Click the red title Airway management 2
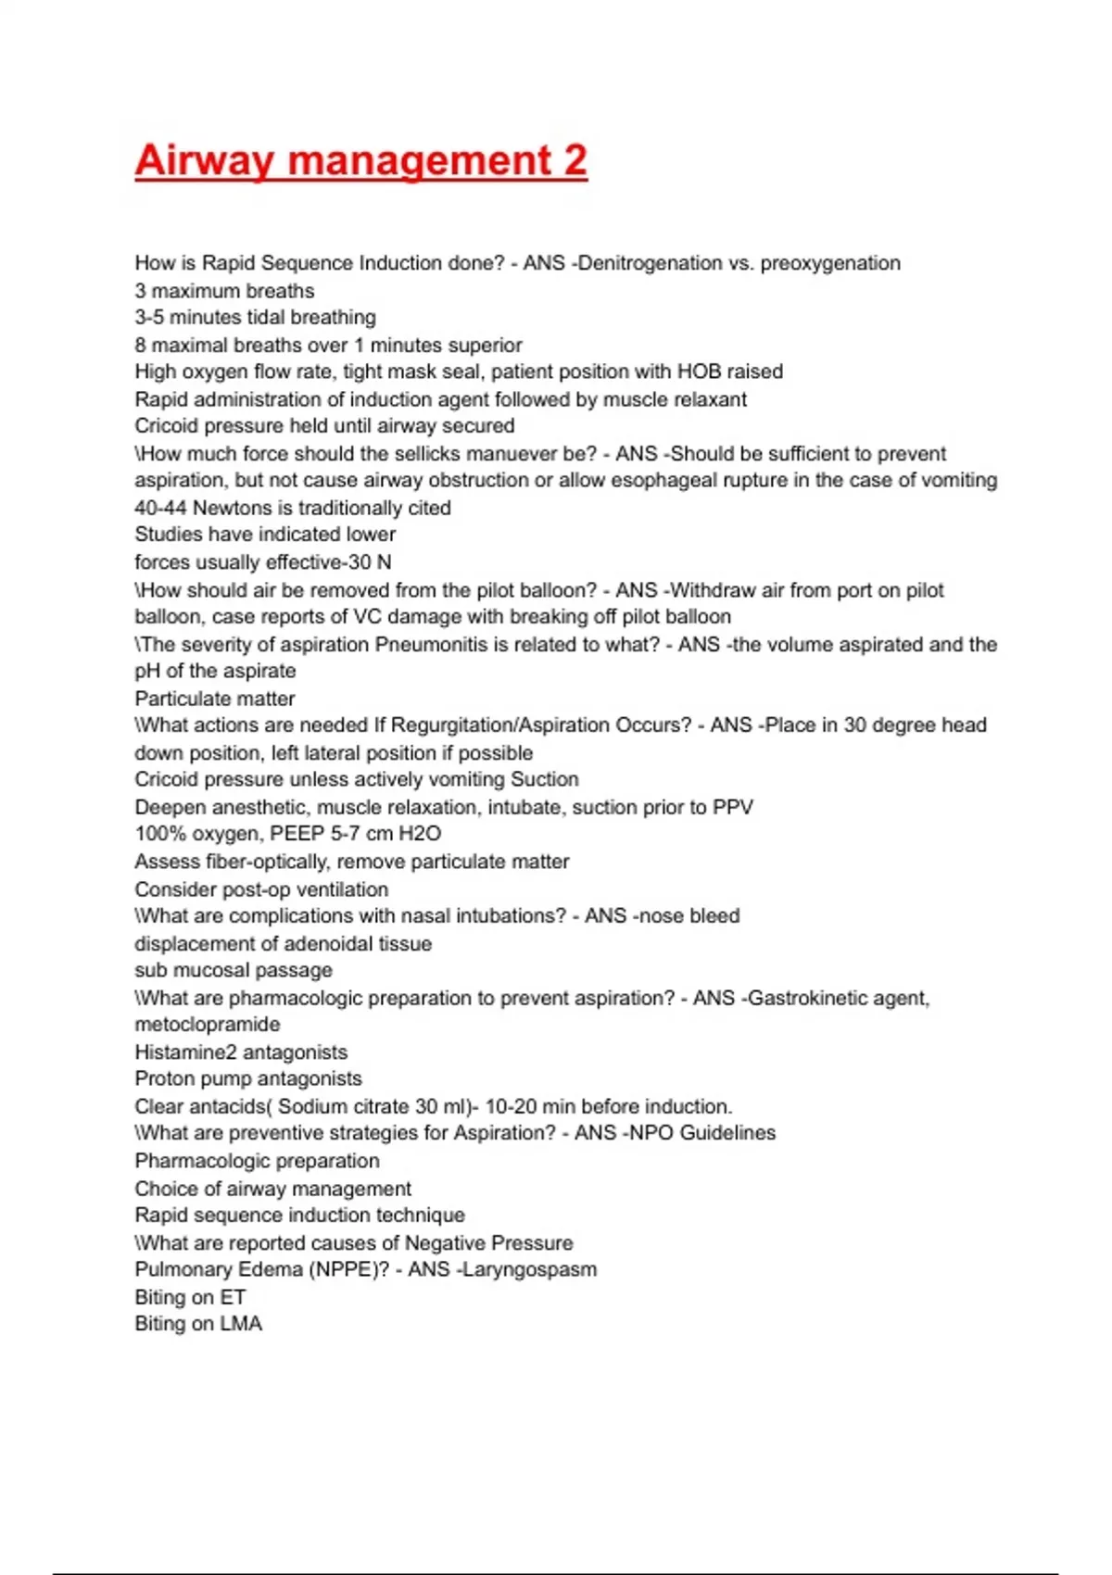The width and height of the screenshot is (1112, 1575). click(360, 160)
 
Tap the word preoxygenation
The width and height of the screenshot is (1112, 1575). click(830, 263)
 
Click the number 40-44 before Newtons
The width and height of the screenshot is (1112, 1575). click(160, 508)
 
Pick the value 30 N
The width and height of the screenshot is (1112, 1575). click(370, 562)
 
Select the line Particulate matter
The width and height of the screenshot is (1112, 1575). click(215, 699)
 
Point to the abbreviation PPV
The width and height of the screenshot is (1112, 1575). click(732, 807)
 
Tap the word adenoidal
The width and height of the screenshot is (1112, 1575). click(328, 944)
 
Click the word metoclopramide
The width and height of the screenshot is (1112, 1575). click(208, 1025)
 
